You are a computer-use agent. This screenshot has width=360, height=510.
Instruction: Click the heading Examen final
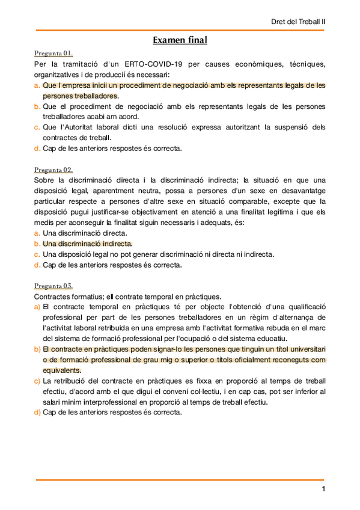click(180, 40)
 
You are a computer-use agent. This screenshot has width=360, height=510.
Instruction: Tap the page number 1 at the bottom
click(323, 489)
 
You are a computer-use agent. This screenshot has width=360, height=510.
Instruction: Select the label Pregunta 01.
click(53, 54)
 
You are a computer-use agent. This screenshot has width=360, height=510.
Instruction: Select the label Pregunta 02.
click(53, 170)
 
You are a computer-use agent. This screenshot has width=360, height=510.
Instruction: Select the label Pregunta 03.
click(53, 286)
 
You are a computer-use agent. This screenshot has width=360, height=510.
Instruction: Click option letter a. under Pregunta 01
click(37, 86)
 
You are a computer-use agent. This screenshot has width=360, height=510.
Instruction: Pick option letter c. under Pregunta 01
click(37, 127)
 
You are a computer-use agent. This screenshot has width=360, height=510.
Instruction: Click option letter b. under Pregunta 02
click(37, 244)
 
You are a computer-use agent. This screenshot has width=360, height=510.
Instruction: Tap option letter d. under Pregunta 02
click(37, 265)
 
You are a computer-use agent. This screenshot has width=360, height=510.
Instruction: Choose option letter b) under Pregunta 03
click(37, 349)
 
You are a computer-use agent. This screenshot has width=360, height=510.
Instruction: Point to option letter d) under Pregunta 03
click(37, 413)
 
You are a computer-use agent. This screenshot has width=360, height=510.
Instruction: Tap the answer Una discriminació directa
click(85, 233)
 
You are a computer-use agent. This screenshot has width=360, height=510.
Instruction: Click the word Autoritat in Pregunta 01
click(79, 127)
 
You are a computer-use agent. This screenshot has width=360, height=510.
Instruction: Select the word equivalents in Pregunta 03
click(61, 370)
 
